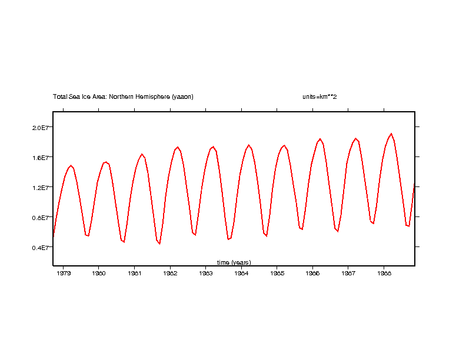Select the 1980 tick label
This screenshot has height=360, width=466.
point(99,273)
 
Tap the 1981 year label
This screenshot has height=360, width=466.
point(134,273)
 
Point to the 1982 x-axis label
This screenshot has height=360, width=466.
point(170,273)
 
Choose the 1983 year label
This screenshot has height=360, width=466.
point(206,273)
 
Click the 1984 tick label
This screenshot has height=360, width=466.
point(241,273)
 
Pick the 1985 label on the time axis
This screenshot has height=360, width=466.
point(277,273)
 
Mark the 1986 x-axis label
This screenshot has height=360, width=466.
point(313,273)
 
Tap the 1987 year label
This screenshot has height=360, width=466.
point(348,273)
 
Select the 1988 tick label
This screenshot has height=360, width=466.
point(384,273)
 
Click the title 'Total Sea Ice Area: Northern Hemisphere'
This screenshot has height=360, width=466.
point(123,96)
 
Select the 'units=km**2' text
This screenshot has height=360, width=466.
point(315,96)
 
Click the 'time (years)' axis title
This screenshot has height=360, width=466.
point(234,262)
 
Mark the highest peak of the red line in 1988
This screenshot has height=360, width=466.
point(391,134)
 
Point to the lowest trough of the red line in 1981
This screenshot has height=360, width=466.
point(159,244)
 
